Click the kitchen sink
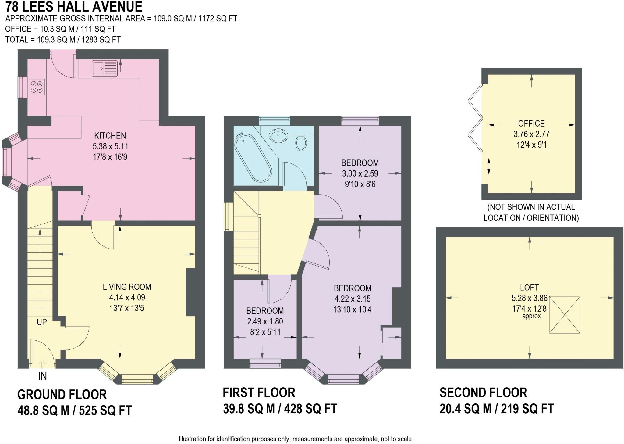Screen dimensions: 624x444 (x=105, y=69)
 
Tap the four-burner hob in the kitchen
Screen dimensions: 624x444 (x=37, y=87)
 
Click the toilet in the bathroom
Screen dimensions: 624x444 (x=301, y=142)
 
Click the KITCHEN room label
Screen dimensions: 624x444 (x=110, y=135)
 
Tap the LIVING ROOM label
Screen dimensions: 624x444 (x=127, y=287)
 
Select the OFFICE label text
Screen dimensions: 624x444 (x=531, y=124)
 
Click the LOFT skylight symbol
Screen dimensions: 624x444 (x=565, y=315)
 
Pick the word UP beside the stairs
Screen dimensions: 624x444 (x=42, y=322)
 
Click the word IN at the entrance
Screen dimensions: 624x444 (x=43, y=376)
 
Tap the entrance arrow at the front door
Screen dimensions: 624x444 (x=42, y=364)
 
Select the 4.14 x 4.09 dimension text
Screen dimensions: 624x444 (x=127, y=297)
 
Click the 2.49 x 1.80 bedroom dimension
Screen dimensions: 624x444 (x=265, y=321)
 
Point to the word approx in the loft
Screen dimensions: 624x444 (x=531, y=316)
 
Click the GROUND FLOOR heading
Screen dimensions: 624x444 (x=62, y=395)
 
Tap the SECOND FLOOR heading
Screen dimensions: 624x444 (x=483, y=392)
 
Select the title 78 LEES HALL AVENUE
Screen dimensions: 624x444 (x=74, y=6)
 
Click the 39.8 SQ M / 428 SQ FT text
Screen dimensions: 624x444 (x=280, y=409)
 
